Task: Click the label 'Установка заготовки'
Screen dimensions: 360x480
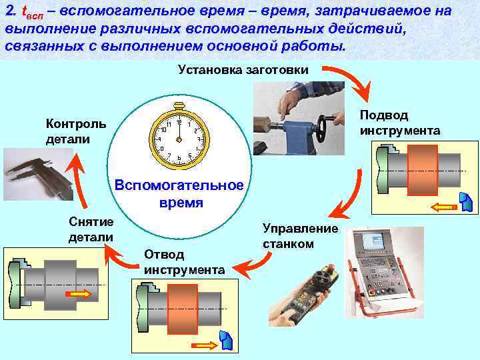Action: tap(243, 70)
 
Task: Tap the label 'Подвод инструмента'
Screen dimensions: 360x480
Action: tap(399, 122)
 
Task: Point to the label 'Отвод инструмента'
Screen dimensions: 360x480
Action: tap(183, 262)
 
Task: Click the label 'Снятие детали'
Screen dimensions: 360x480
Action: tap(91, 229)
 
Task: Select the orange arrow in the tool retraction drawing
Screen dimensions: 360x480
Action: tap(204, 345)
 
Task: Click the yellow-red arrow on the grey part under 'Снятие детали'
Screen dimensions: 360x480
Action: tap(79, 294)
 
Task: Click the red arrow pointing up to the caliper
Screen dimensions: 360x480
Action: tap(79, 180)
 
